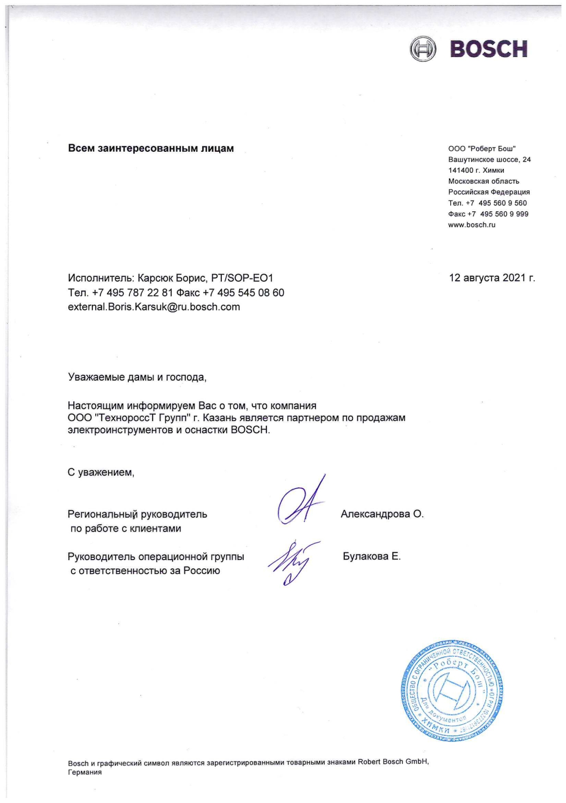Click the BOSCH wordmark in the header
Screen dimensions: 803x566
pos(490,49)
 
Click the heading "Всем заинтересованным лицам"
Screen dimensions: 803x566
pos(151,148)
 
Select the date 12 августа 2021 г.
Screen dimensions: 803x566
pos(492,278)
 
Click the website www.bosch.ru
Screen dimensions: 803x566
pos(472,225)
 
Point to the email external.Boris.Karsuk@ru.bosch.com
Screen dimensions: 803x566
pos(154,307)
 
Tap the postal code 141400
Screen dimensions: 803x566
pos(460,170)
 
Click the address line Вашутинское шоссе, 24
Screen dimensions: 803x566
pos(489,160)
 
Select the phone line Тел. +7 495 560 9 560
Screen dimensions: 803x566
pos(487,203)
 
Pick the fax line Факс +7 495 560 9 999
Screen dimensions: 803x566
pos(488,214)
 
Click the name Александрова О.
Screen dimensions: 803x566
pos(382,514)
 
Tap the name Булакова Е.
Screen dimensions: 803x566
pos(371,556)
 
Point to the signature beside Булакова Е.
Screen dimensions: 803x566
pos(291,562)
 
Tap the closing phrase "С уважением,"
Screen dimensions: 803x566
pos(101,472)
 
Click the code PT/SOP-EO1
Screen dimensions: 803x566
pos(242,278)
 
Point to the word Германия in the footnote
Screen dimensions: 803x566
pos(85,773)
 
